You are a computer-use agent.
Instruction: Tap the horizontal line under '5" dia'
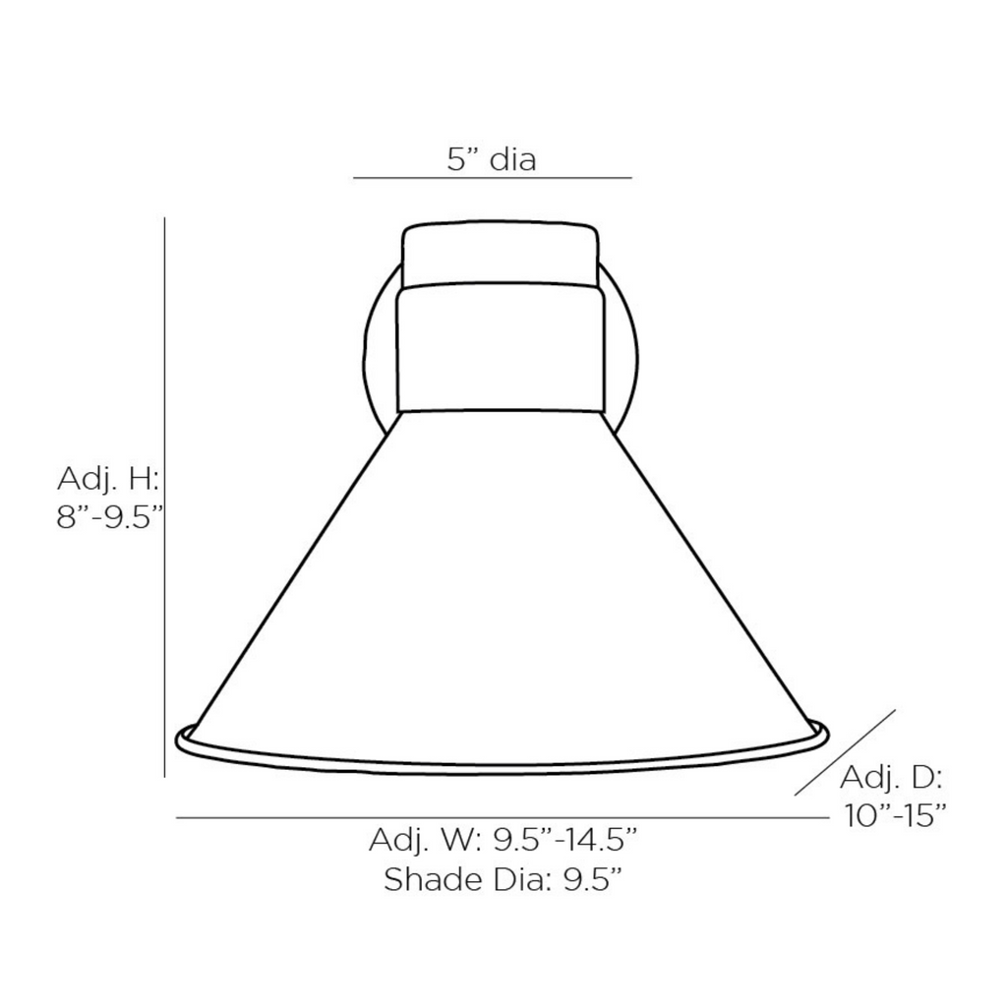tap(493, 178)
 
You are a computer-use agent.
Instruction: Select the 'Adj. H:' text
tap(108, 479)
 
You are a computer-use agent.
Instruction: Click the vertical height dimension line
tap(165, 497)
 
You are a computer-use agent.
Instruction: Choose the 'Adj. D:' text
tap(891, 778)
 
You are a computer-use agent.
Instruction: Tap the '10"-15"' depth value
tap(895, 816)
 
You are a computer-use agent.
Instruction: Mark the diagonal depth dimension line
tap(845, 752)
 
